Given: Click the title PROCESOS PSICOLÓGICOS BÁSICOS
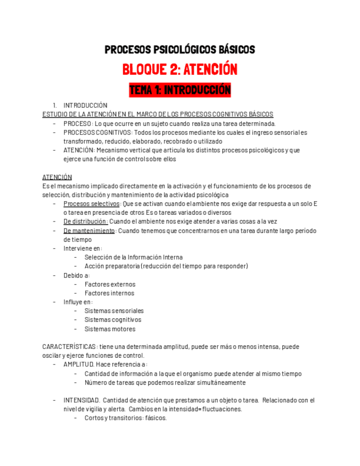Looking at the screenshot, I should (x=180, y=50).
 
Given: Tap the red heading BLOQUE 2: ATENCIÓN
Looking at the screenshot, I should (x=180, y=70).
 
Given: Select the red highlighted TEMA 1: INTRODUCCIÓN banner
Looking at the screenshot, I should (x=180, y=90).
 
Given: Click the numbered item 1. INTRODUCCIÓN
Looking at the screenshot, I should (x=85, y=106).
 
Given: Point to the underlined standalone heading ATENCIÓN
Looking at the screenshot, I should (x=57, y=177).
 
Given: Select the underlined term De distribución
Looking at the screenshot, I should (x=85, y=221).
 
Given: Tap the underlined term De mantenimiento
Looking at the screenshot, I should (x=89, y=231).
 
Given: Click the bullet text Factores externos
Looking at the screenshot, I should (x=110, y=284).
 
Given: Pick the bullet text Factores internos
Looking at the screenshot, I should (x=109, y=293).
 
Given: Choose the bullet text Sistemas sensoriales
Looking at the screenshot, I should (x=114, y=311).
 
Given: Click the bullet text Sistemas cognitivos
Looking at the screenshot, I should (x=113, y=320).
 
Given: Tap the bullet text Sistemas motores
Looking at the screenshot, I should (x=110, y=329).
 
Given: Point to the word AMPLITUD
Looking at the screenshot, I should (x=78, y=364).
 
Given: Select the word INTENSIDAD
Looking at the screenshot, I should (x=81, y=400).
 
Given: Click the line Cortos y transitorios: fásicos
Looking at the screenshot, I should (x=125, y=418).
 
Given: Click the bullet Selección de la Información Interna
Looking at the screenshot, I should (x=134, y=257).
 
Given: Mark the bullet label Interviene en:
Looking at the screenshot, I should (x=79, y=248).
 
